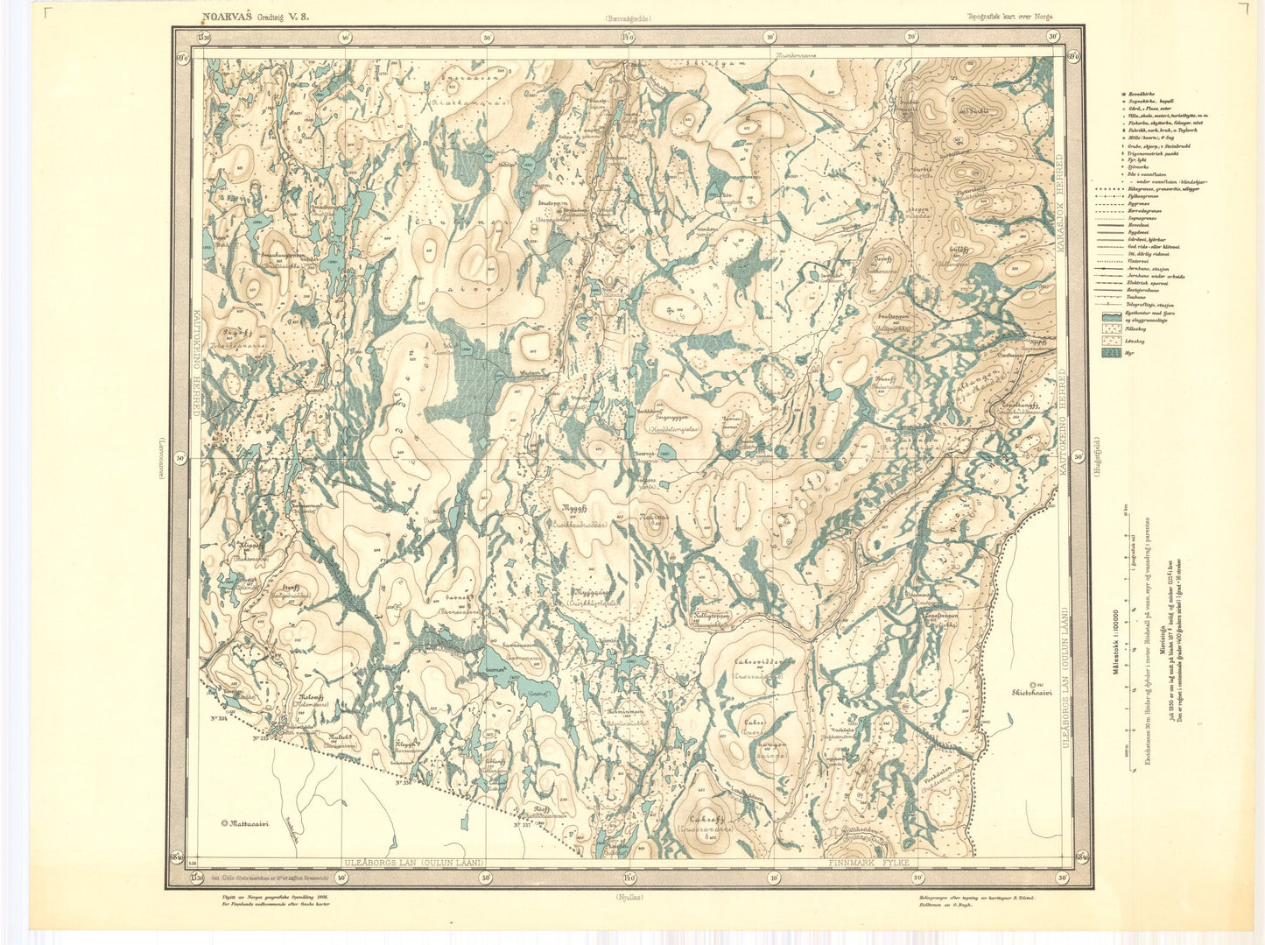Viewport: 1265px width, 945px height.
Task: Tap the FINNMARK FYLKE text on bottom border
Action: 870,863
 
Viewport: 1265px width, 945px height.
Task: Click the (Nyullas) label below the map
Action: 627,898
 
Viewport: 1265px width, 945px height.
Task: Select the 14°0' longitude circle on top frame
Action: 628,37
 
